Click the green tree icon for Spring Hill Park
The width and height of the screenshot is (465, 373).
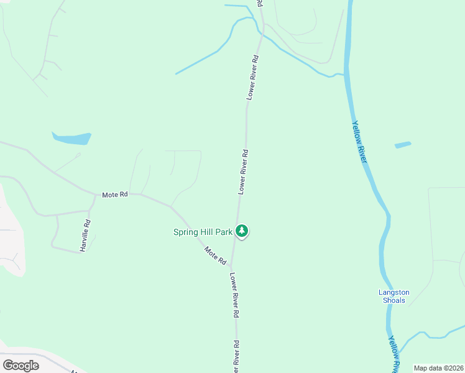[242, 231]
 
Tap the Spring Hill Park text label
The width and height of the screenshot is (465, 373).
[202, 233]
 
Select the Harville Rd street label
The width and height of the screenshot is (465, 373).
[85, 235]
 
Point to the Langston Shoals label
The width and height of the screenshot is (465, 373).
[393, 297]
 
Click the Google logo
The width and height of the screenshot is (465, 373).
[21, 366]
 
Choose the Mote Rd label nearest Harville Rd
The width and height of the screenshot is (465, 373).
[115, 195]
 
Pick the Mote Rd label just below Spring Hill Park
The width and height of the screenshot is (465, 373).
[215, 256]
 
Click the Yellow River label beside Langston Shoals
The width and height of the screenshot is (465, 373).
[394, 354]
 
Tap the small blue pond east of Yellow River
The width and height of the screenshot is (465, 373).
[403, 145]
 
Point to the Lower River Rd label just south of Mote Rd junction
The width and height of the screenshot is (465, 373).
[234, 295]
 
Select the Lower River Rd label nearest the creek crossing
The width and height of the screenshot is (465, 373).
[252, 77]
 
